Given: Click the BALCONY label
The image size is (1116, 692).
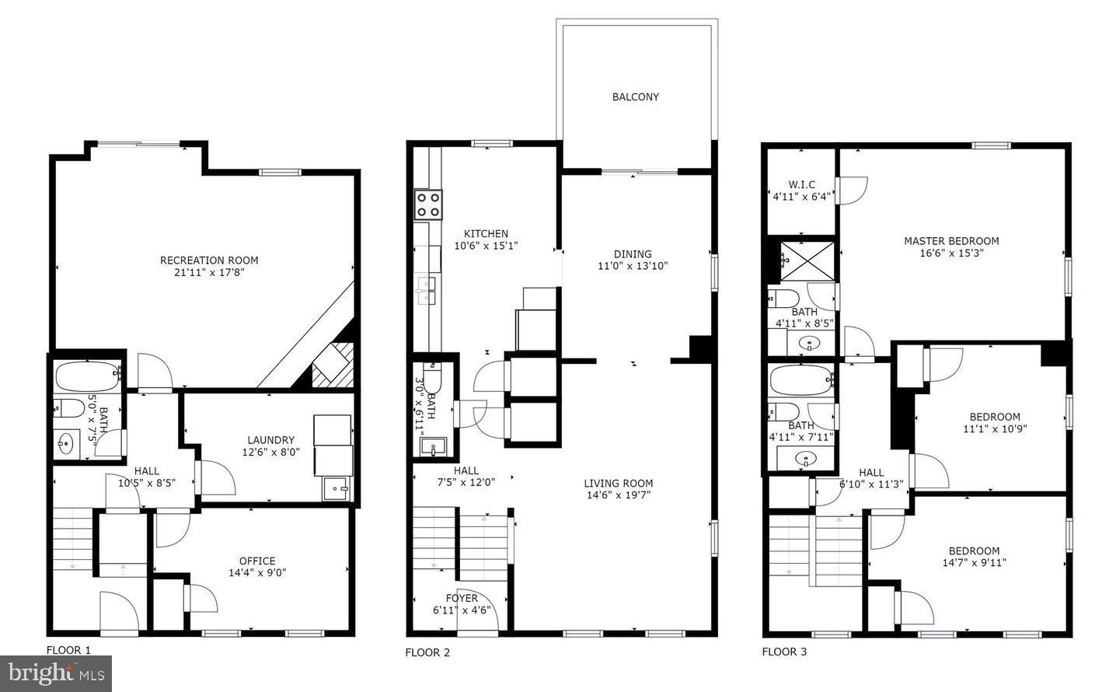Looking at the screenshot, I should point(635,97).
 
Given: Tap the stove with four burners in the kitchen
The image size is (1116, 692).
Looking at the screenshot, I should point(428,204).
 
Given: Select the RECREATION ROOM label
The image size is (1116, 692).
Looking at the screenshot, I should point(209,260).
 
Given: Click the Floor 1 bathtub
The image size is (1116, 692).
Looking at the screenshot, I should point(88,376).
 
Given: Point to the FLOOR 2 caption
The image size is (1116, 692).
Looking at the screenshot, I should point(427,652).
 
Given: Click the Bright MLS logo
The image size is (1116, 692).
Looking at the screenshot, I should point(56,673).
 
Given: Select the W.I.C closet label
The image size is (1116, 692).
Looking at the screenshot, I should point(801,184).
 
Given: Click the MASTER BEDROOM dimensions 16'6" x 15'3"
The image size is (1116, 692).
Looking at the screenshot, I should point(951,253).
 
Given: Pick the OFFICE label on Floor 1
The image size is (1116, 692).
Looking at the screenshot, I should point(256,561).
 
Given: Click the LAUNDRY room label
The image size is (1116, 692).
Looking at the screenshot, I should point(270,439).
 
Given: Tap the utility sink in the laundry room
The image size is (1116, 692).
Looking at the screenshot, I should point(338,489).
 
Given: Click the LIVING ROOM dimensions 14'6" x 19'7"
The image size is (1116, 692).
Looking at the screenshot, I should point(618,495).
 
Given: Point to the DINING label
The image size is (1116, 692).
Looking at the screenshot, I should point(633,253).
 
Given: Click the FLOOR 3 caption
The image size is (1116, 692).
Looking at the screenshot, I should point(784,652).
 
